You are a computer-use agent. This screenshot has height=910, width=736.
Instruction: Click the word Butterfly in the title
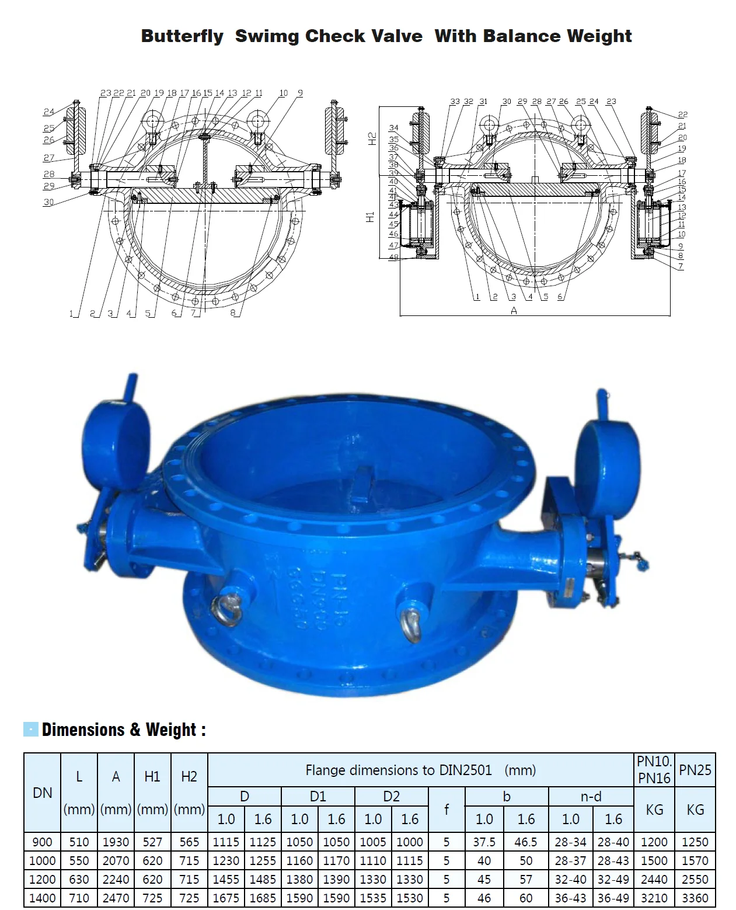pyautogui.click(x=182, y=36)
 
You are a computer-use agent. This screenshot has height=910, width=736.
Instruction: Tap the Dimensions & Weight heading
pyautogui.click(x=123, y=730)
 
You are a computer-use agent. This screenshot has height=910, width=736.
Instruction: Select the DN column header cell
pyautogui.click(x=42, y=793)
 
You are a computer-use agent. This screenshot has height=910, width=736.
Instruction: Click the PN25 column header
pyautogui.click(x=695, y=770)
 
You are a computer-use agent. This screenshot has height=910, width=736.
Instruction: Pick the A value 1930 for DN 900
pyautogui.click(x=116, y=842)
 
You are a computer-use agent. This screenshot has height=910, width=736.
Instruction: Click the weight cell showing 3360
pyautogui.click(x=695, y=898)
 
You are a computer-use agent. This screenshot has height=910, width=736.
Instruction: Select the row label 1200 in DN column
pyautogui.click(x=42, y=879)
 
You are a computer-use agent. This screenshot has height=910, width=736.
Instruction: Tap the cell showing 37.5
pyautogui.click(x=484, y=842)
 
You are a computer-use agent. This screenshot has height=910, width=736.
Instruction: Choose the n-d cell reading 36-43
pyautogui.click(x=570, y=898)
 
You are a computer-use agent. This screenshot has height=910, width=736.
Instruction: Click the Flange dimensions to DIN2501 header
pyautogui.click(x=420, y=770)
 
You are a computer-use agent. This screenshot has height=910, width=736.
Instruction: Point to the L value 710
pyautogui.click(x=79, y=898)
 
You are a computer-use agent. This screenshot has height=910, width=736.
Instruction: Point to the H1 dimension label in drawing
pyautogui.click(x=369, y=217)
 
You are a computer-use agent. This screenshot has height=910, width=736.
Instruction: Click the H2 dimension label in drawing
pyautogui.click(x=372, y=138)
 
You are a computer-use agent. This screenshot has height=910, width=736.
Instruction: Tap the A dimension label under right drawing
pyautogui.click(x=514, y=311)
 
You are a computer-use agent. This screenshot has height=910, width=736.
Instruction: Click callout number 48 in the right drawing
pyautogui.click(x=393, y=257)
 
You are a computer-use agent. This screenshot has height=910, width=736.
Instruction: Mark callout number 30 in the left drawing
pyautogui.click(x=48, y=202)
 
